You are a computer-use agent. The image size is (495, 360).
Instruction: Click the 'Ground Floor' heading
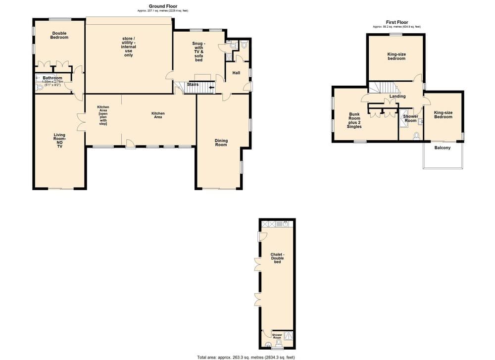point(163,6)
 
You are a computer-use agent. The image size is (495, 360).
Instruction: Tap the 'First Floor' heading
point(396,22)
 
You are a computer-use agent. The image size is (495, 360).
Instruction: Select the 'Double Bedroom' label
point(59,36)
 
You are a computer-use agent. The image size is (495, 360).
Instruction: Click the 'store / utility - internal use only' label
point(129,47)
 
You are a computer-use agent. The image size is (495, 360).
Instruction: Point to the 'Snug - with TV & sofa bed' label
point(198,51)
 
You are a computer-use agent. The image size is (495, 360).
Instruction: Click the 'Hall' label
point(236,73)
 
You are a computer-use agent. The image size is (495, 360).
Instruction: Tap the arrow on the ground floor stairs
point(212,88)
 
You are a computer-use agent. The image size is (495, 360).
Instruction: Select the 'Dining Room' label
point(221,143)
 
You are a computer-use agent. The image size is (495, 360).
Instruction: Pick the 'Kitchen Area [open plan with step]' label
point(103,115)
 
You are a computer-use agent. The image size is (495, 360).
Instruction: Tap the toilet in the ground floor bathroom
point(40,87)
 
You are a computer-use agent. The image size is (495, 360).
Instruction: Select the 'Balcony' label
point(442,148)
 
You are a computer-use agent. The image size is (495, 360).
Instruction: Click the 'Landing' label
point(397,96)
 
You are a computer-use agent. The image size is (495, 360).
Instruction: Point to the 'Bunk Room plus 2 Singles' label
point(354,120)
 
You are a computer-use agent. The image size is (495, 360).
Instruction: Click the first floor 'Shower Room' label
point(410,118)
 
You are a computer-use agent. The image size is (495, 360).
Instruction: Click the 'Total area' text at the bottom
point(246,357)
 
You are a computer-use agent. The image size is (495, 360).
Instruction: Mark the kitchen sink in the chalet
point(287,224)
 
